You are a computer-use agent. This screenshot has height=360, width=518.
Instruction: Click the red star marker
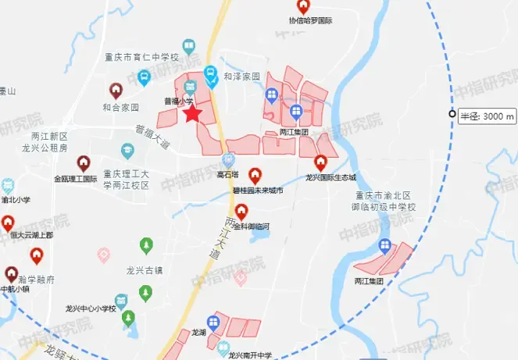[x=192, y=115]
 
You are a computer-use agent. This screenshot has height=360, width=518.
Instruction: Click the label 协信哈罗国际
[x=310, y=20]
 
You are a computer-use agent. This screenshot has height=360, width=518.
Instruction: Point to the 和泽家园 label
[x=241, y=77]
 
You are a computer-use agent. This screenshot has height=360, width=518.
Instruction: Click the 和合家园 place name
[x=120, y=107]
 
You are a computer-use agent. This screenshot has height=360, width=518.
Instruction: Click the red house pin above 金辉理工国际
[x=84, y=162]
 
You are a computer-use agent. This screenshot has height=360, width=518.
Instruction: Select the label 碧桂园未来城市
[x=254, y=190]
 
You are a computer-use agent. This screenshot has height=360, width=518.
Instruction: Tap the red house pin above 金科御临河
[x=241, y=210]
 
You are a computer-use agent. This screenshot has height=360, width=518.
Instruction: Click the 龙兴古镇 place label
[x=145, y=270]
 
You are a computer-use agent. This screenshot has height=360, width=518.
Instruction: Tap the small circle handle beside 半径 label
[x=452, y=115]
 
